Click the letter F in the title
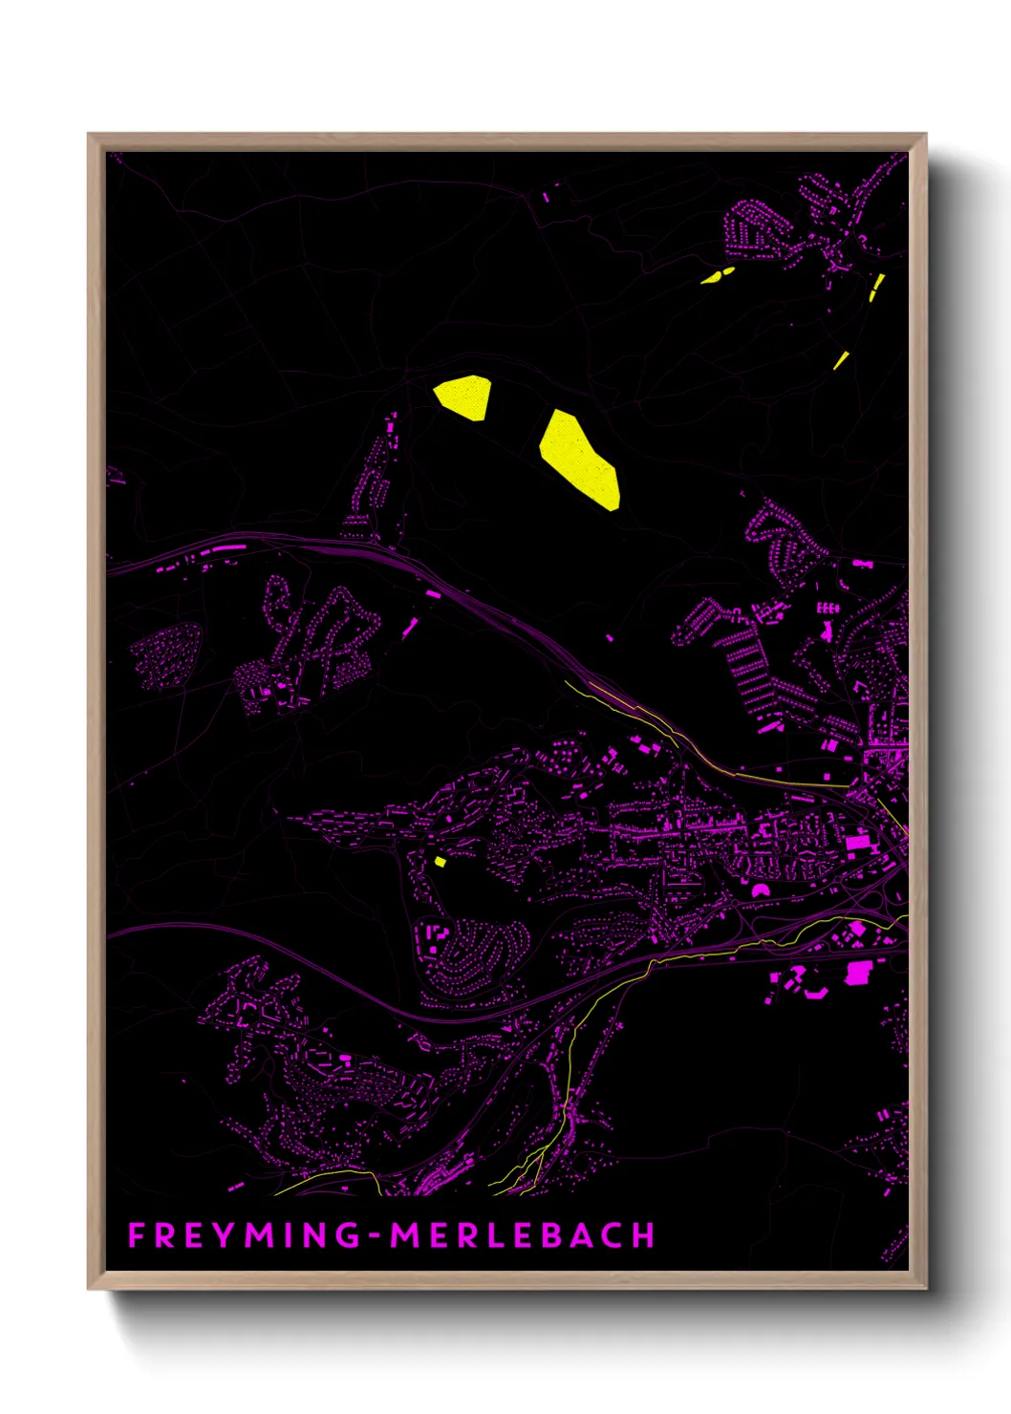tap(136, 1235)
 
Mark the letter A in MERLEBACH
tap(582, 1235)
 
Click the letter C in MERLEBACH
tap(613, 1235)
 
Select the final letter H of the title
tap(645, 1235)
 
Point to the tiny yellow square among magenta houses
tap(441, 862)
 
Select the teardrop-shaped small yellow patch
tap(717, 275)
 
